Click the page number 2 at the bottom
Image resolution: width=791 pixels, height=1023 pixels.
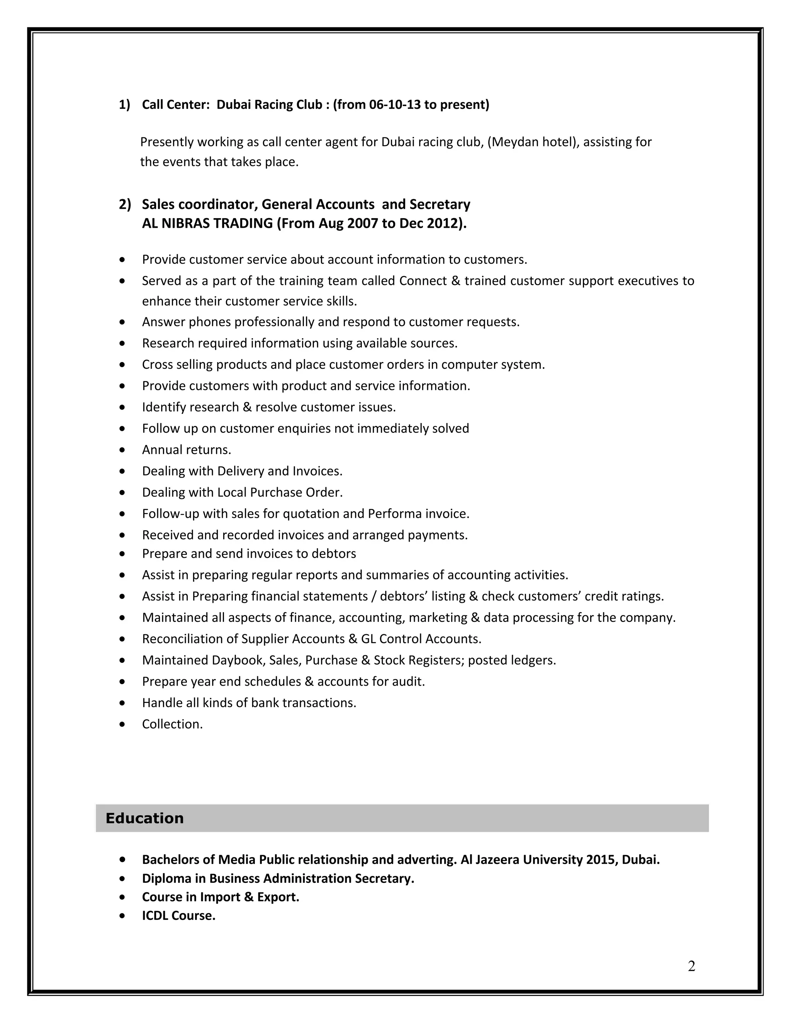tap(691, 966)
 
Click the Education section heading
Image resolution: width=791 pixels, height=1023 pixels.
tap(144, 818)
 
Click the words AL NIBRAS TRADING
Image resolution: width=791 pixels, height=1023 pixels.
tap(207, 224)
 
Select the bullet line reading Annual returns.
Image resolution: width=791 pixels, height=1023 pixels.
tap(187, 450)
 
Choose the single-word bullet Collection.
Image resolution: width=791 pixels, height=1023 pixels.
tap(172, 724)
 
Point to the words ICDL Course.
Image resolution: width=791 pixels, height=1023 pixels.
tap(178, 915)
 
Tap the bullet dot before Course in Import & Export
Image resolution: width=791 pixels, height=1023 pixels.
tap(122, 897)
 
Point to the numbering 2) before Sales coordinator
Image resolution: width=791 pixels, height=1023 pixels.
tap(124, 204)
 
